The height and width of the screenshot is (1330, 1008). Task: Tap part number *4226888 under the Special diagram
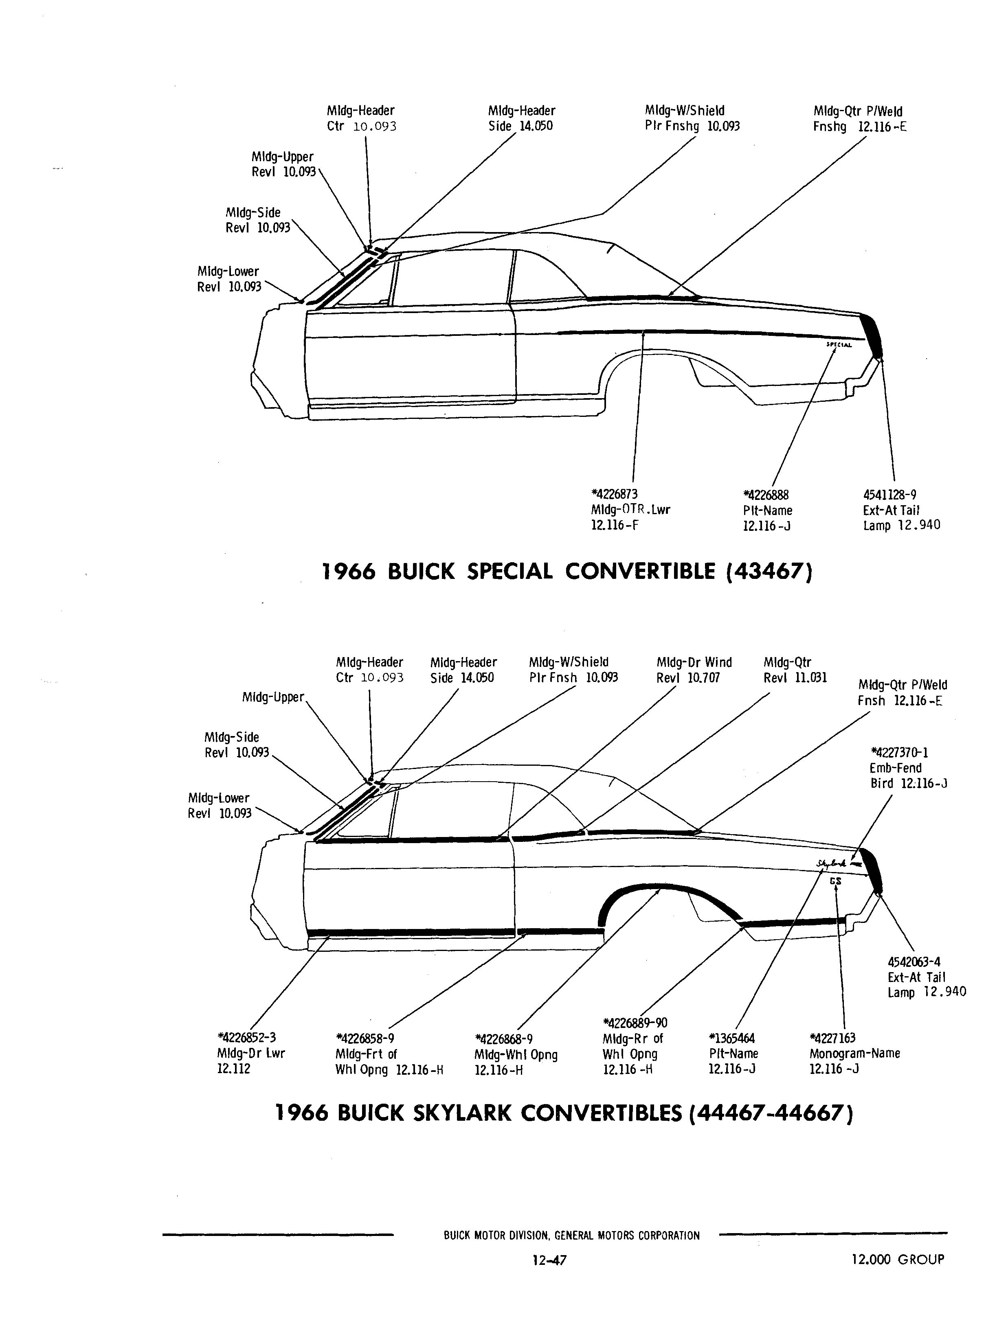[766, 495]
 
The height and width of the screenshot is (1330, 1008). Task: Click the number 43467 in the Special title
[769, 571]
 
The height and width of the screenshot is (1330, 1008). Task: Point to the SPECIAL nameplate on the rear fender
[839, 344]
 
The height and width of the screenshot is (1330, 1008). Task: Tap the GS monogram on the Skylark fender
[835, 881]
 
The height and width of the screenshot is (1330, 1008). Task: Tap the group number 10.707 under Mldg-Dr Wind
[704, 678]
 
